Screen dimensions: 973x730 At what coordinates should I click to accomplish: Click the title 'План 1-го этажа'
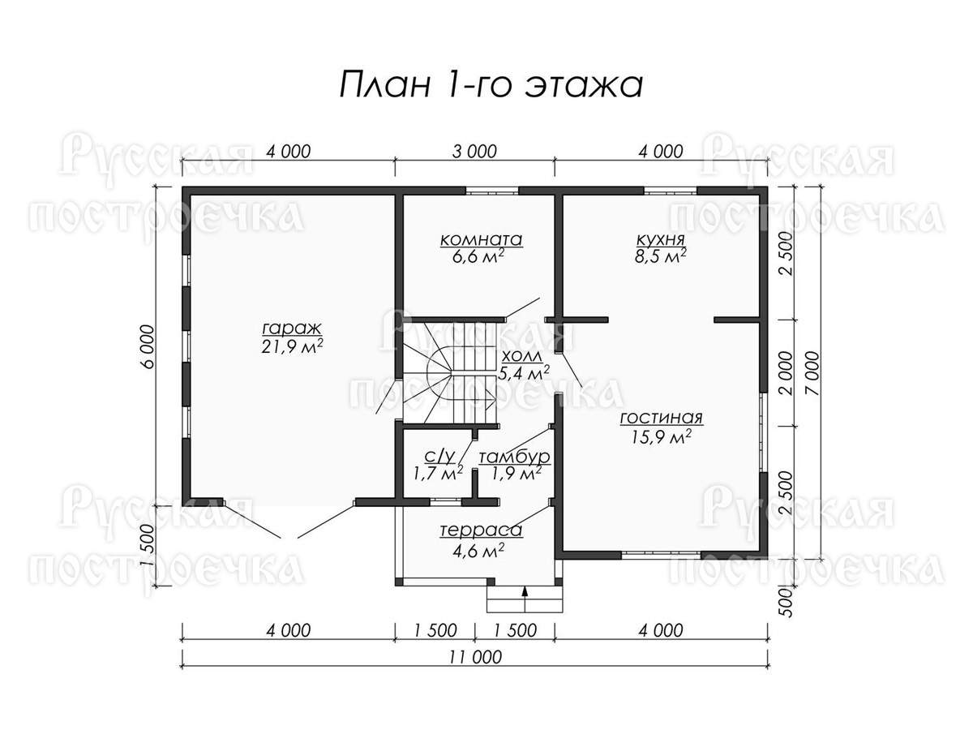pos(491,84)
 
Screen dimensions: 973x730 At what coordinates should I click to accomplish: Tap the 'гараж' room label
pos(292,329)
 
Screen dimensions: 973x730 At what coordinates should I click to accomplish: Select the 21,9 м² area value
pos(292,347)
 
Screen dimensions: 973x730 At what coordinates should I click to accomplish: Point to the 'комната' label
pos(481,240)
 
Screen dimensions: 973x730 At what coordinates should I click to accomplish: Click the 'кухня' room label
pos(661,241)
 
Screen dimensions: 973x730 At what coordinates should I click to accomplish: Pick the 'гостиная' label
pos(661,419)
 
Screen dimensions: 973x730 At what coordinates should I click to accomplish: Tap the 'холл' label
pos(521,357)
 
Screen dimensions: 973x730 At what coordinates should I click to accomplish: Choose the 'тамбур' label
pos(514,457)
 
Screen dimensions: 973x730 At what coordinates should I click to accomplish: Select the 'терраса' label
pos(481,530)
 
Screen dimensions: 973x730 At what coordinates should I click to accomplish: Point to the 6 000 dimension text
pos(148,346)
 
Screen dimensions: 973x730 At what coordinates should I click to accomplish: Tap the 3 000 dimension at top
pos(475,151)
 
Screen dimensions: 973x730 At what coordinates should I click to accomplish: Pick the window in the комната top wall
pos(492,191)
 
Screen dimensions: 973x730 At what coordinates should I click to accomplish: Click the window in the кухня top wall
pos(671,191)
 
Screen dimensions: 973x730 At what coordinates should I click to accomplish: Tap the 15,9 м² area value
pos(661,437)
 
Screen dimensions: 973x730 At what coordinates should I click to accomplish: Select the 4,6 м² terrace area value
pos(478,551)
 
